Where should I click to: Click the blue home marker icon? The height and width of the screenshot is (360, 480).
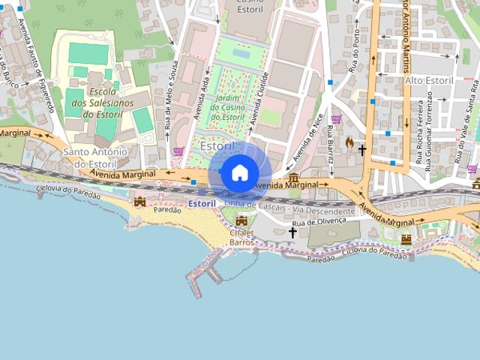click(239, 173)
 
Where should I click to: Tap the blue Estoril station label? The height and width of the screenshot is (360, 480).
click(202, 203)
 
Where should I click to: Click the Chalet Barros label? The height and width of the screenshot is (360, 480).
click(241, 238)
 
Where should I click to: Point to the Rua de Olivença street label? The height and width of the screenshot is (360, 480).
click(319, 222)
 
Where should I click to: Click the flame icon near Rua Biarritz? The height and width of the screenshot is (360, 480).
click(349, 142)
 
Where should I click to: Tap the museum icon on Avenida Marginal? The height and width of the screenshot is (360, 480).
click(293, 177)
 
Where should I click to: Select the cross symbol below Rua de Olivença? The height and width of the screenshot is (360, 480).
click(292, 232)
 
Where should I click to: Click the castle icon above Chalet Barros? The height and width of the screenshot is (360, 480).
click(241, 221)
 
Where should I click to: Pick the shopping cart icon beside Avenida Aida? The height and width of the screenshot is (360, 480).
click(178, 150)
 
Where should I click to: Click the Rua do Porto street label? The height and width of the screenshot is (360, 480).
click(353, 58)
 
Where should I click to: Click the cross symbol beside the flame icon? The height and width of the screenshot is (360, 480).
click(362, 150)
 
